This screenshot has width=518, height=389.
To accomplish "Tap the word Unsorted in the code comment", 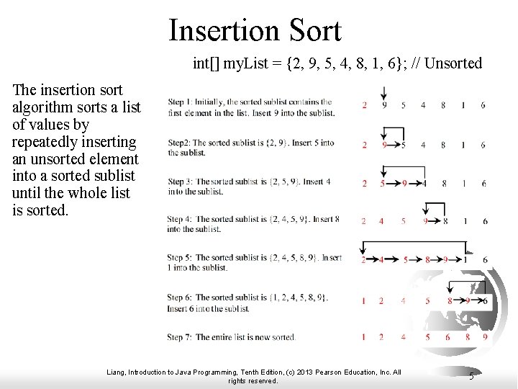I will coord(454,63).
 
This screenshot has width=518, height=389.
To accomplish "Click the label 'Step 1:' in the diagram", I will coord(181,102).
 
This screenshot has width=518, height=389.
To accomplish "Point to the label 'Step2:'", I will coord(180,143).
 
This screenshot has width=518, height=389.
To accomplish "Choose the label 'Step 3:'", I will coord(181,182).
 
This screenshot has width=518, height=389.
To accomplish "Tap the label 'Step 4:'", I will coord(181,219).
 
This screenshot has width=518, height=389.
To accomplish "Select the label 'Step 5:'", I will coord(181,257).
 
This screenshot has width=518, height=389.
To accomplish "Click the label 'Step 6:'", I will coord(181,297).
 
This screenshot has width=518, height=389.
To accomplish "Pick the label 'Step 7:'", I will coord(181,337).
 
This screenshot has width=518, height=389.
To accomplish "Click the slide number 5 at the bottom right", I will coord(471,375).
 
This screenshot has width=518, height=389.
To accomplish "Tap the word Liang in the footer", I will coord(115,372).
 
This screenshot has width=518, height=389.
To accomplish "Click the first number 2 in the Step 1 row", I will coord(365,105).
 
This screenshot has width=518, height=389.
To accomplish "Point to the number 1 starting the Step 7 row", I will coord(365,336).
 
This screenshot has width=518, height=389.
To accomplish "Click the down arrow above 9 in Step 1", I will coord(384,93).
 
